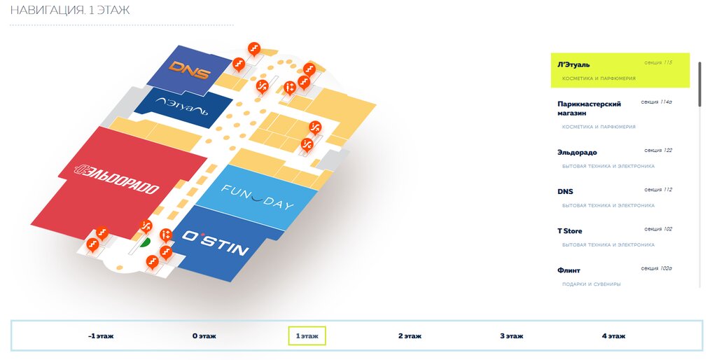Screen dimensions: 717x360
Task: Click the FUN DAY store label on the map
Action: pyautogui.click(x=257, y=198)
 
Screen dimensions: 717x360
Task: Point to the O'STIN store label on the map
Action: pyautogui.click(x=215, y=243)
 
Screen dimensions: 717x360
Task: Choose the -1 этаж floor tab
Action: pyautogui.click(x=102, y=336)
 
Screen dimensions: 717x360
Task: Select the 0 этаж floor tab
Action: pyautogui.click(x=204, y=336)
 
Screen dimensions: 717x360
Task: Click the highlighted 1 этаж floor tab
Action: pyautogui.click(x=307, y=336)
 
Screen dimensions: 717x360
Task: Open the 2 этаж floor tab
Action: pyautogui.click(x=410, y=336)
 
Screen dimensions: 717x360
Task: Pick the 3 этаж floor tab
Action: pyautogui.click(x=511, y=336)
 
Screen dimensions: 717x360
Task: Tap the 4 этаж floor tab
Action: pyautogui.click(x=613, y=336)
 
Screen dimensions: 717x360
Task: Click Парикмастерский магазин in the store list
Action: pyautogui.click(x=589, y=108)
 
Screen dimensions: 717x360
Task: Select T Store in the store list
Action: pyautogui.click(x=569, y=231)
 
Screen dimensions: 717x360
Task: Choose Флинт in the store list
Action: pyautogui.click(x=569, y=270)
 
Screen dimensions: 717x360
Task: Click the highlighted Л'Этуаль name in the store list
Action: pyautogui.click(x=573, y=64)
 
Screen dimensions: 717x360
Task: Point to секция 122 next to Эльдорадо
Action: pyautogui.click(x=657, y=151)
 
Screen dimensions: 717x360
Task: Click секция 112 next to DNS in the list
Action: pyautogui.click(x=657, y=190)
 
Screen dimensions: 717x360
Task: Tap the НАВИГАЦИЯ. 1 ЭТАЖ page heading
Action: pyautogui.click(x=70, y=11)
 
